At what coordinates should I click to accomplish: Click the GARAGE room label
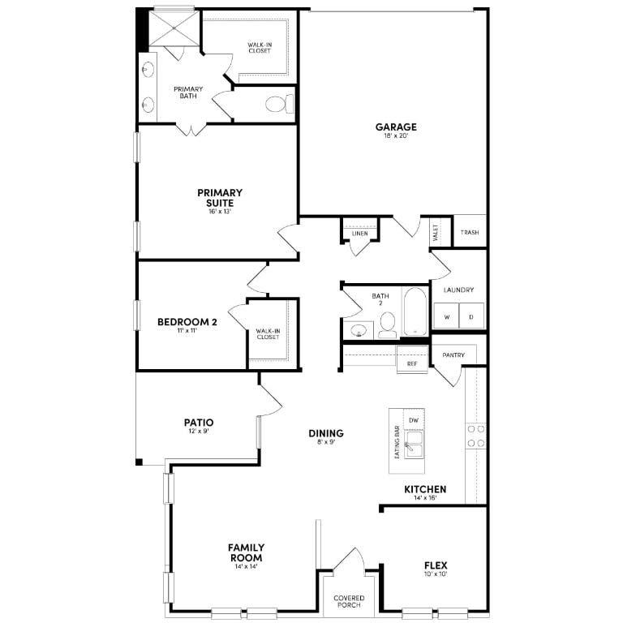coord(396,127)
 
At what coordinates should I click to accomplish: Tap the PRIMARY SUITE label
coord(220,193)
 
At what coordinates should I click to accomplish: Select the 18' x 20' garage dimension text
coord(396,136)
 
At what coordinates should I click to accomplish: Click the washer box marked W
coord(445,316)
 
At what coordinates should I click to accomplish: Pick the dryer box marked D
coord(471,316)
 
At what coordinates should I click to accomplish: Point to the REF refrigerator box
coord(412,364)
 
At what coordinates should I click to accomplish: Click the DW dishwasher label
coord(413,420)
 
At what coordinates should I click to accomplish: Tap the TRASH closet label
coord(470,233)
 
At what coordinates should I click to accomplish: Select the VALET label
coord(436,233)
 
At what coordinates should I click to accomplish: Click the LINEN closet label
coord(359,234)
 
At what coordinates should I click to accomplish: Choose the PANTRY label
coord(453,354)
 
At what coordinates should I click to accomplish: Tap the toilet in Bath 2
coord(386,324)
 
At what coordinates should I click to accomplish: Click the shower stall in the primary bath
coord(174,27)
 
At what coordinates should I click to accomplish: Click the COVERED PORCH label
coord(349,602)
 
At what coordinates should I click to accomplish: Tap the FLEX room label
coord(436,565)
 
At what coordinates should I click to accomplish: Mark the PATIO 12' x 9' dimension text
coord(199,432)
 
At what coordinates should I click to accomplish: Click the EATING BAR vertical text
coord(397,443)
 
